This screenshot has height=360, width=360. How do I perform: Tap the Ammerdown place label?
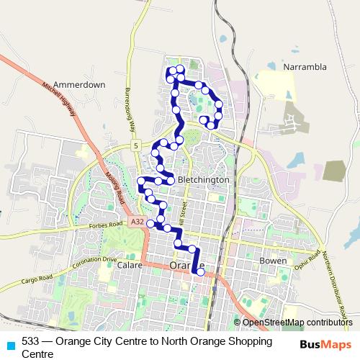pos(79,84)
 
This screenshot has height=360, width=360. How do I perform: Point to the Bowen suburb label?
pos(273,260)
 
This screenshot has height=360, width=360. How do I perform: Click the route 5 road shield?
pos(135,146)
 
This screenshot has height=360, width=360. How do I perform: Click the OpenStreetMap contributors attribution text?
pos(297,323)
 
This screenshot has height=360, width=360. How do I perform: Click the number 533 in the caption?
pos(30,341)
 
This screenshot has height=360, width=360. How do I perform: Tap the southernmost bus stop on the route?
pos(201,271)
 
